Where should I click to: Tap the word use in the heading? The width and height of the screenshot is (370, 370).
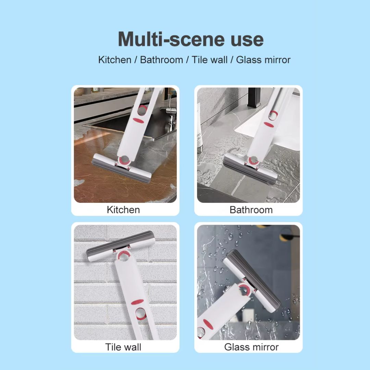click(244, 40)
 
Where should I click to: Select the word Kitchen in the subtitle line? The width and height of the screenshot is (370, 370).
click(115, 60)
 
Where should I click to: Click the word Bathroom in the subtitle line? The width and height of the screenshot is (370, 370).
click(161, 60)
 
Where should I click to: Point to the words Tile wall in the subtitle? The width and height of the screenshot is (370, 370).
click(210, 60)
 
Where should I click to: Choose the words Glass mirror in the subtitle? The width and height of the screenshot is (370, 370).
click(263, 60)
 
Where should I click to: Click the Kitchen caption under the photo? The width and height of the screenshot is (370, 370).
click(123, 210)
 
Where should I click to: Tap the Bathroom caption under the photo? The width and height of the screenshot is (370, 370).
click(251, 210)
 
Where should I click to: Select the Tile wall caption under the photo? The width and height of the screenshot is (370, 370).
click(123, 347)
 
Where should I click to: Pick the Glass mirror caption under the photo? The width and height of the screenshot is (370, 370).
click(251, 347)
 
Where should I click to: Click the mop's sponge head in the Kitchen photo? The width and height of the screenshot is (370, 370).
click(121, 168)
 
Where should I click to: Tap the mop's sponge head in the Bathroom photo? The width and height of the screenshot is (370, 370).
click(250, 169)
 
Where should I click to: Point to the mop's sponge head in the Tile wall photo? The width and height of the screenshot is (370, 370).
click(121, 246)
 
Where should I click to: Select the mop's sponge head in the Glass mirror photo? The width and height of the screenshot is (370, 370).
click(252, 281)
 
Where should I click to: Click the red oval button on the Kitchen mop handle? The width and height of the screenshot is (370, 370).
click(138, 120)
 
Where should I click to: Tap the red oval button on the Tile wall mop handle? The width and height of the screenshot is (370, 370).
click(137, 302)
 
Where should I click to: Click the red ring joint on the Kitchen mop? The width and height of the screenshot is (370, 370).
click(124, 160)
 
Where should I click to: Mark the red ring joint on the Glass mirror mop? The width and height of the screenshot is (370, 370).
click(245, 289)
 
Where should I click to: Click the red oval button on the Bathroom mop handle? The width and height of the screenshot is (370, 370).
click(269, 125)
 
